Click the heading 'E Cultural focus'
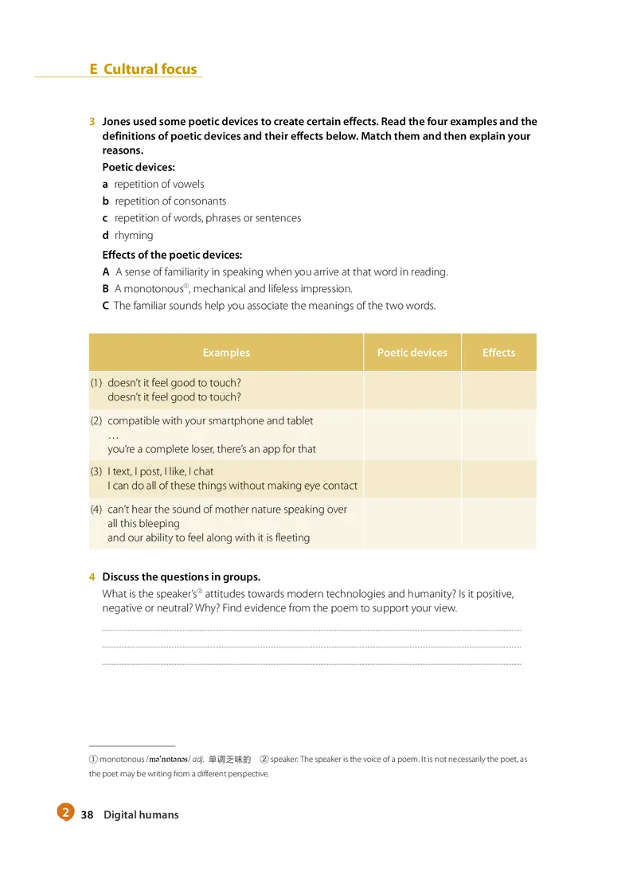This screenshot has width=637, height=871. click(x=143, y=69)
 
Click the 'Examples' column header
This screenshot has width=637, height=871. click(x=226, y=353)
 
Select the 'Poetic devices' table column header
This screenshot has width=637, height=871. click(x=412, y=353)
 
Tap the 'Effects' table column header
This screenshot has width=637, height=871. click(x=498, y=353)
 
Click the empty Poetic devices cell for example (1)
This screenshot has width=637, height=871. click(x=412, y=390)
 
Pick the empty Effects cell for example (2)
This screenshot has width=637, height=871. click(x=498, y=435)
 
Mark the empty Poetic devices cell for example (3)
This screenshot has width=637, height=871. click(x=412, y=478)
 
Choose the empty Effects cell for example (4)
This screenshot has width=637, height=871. click(x=498, y=523)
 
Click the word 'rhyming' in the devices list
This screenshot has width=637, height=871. click(x=134, y=236)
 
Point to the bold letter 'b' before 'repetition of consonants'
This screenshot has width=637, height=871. click(x=106, y=201)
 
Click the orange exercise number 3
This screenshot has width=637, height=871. click(x=92, y=122)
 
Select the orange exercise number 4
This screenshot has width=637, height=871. click(x=92, y=577)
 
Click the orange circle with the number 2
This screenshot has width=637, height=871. click(x=64, y=813)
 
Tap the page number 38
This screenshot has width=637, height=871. click(x=88, y=814)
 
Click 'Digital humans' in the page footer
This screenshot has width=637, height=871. click(x=141, y=814)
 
